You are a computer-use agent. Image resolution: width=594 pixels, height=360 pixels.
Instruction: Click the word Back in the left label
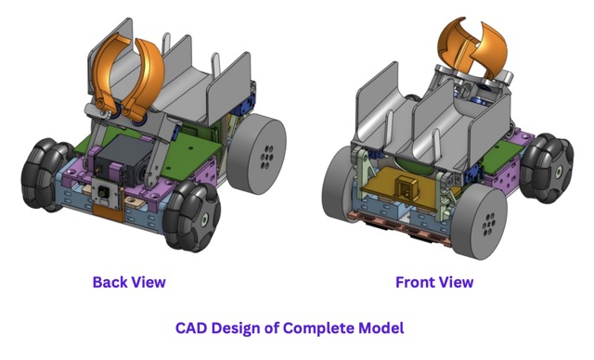pos(108,282)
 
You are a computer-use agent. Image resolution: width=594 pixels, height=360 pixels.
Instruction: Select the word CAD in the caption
pos(190,328)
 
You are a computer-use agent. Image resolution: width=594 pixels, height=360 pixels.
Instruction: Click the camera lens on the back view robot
pos(102,193)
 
